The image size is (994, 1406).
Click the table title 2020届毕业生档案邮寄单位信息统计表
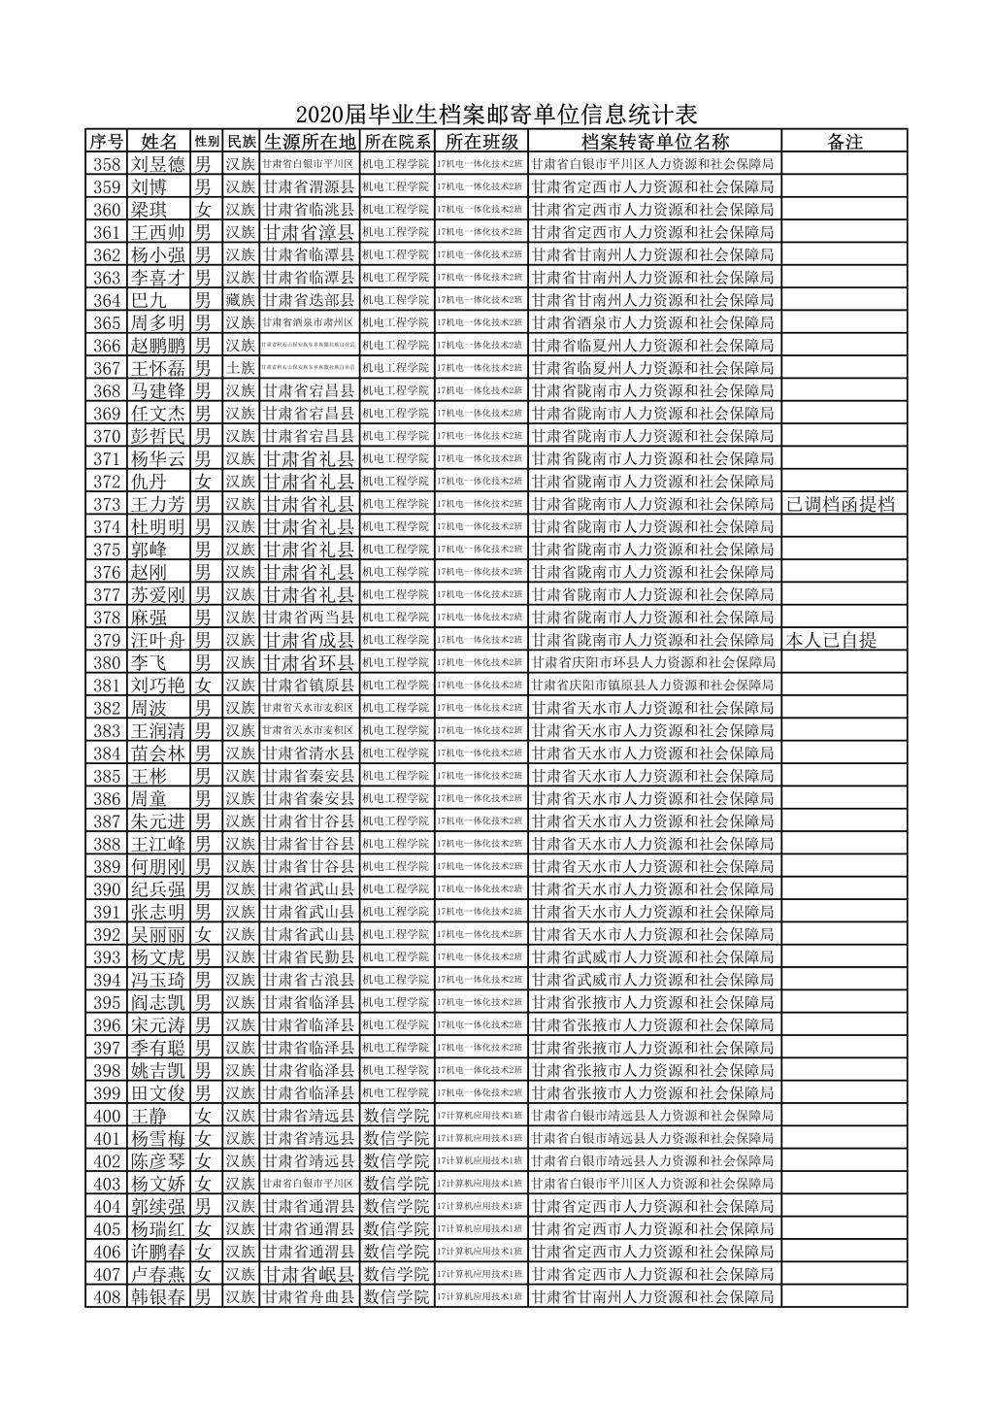point(497,116)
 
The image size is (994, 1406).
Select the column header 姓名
point(159,142)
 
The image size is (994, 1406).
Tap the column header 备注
point(845,142)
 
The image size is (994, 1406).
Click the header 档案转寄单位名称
point(654,142)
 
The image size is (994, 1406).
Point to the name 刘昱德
point(158,164)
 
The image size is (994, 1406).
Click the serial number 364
point(107,300)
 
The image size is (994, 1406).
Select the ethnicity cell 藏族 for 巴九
point(241,300)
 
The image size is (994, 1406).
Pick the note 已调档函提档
point(841,504)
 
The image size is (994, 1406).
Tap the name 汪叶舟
point(158,640)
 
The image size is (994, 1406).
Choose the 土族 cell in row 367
point(241,368)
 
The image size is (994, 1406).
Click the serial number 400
point(107,1116)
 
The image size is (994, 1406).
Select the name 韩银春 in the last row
point(158,1297)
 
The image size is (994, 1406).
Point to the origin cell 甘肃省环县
point(310,662)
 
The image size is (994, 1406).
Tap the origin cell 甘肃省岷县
point(310,1274)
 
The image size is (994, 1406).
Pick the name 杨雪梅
point(158,1138)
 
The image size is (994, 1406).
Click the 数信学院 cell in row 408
point(397,1297)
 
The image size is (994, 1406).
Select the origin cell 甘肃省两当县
point(310,618)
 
